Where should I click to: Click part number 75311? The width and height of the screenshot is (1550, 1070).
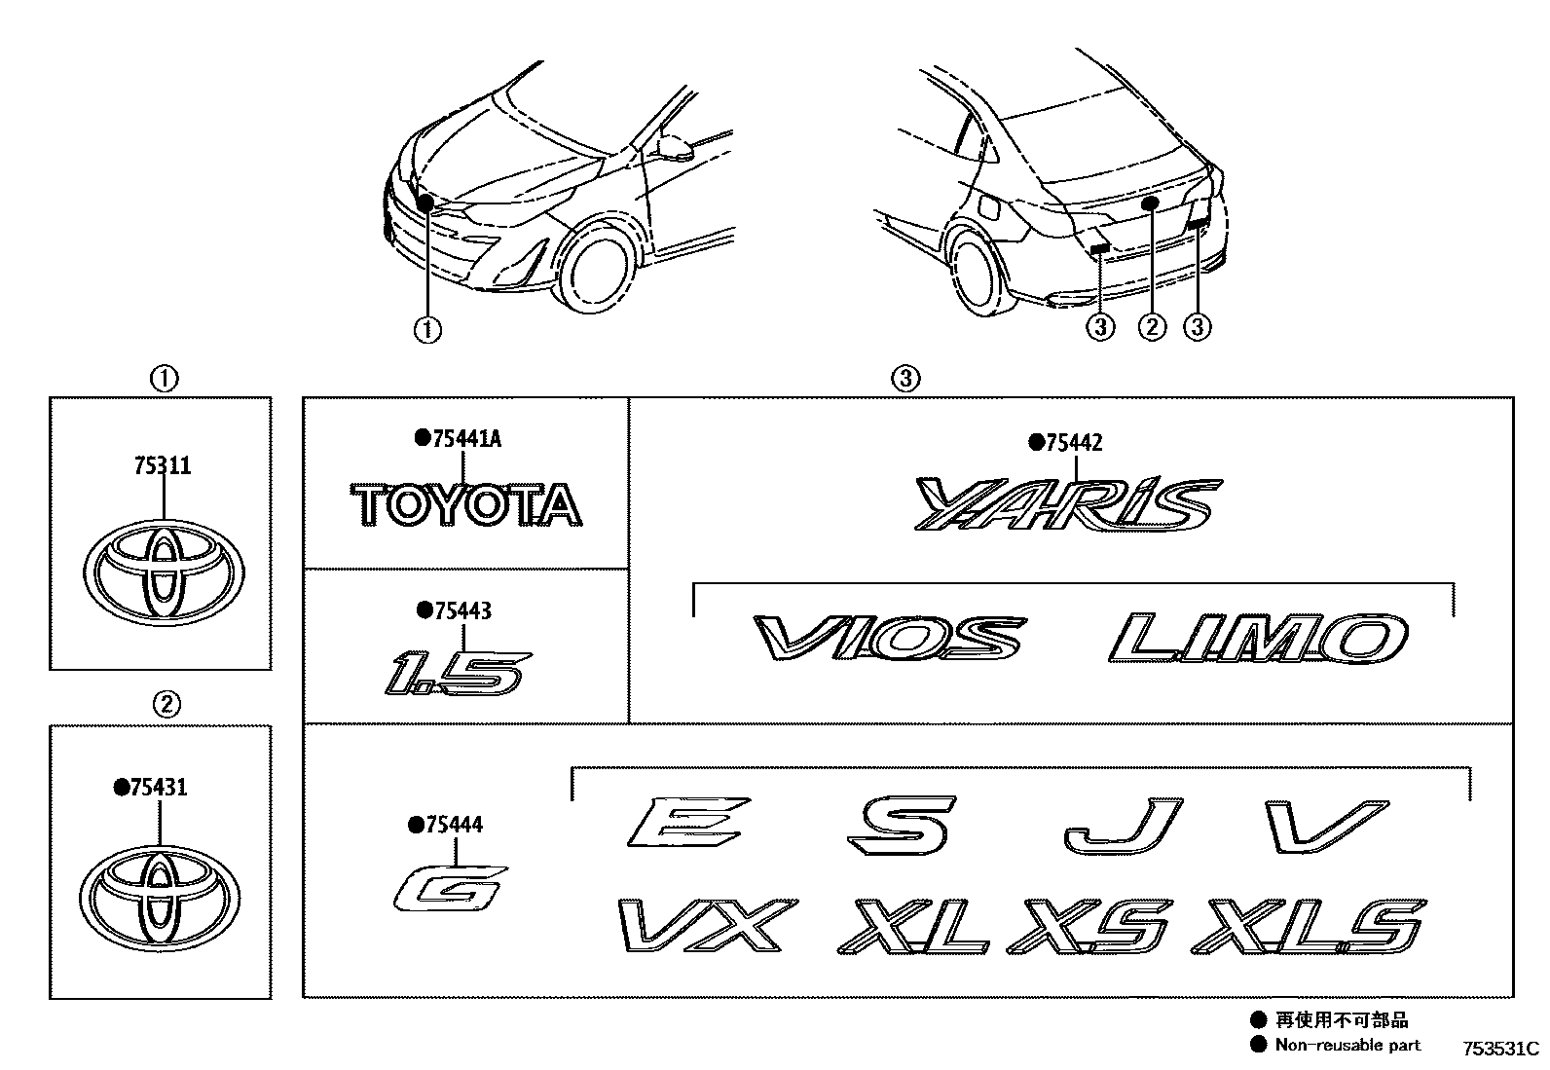[163, 466]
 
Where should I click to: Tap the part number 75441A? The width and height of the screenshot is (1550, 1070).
[464, 439]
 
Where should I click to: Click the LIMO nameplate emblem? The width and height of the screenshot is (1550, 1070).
[1259, 639]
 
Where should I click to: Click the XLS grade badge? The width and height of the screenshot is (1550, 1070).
[1308, 926]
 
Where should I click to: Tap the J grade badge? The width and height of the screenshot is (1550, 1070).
[1121, 826]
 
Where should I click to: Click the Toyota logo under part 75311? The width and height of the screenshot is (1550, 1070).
[163, 573]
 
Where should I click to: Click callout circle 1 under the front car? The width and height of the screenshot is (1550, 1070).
[427, 330]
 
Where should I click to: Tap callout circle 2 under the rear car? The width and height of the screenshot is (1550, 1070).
[1151, 327]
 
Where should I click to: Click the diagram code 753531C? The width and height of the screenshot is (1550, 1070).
[1497, 1049]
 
